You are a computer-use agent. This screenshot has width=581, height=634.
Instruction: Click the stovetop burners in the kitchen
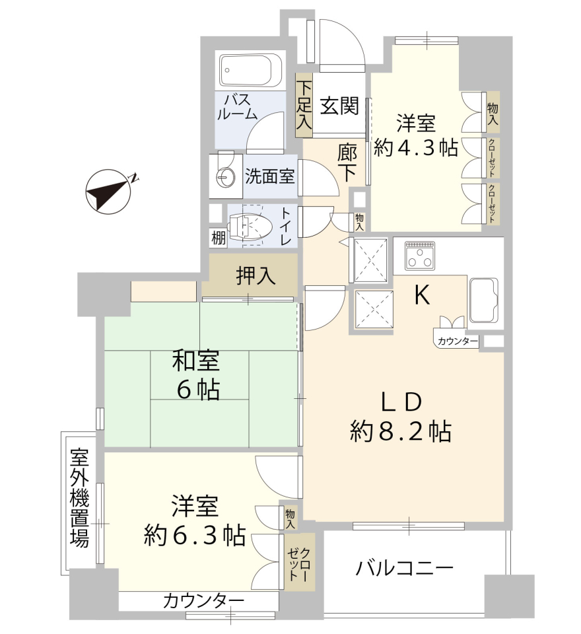420,256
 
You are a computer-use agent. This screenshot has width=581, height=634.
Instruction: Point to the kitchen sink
483,300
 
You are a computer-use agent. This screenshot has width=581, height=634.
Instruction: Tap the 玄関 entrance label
339,106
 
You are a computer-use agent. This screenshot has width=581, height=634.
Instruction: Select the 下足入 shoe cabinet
304,105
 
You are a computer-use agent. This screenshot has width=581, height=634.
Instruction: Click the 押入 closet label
256,276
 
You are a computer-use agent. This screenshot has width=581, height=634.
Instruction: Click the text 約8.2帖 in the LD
400,431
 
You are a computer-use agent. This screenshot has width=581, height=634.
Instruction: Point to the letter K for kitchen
422,296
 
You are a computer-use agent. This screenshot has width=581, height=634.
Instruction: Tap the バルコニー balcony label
404,569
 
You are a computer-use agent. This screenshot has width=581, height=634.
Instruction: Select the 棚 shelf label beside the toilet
219,238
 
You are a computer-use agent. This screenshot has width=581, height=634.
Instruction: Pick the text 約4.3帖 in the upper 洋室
416,148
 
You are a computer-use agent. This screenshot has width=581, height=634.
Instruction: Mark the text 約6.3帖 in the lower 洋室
195,535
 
